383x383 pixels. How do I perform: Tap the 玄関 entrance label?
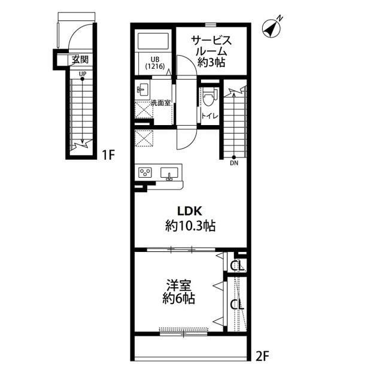(x=80, y=60)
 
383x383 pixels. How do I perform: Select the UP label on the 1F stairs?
(x=83, y=74)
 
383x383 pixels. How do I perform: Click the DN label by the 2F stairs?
(x=234, y=163)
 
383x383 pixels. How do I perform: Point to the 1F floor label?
(x=108, y=155)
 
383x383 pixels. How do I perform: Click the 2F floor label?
(x=263, y=356)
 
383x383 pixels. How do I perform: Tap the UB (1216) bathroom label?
(x=155, y=63)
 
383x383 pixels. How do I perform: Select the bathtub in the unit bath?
(x=153, y=41)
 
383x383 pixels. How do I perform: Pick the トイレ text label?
(x=209, y=116)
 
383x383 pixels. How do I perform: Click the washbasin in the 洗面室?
(x=143, y=90)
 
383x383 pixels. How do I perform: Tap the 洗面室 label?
(x=160, y=103)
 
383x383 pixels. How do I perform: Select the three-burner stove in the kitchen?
(x=145, y=172)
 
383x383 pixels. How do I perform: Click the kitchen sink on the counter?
(x=169, y=173)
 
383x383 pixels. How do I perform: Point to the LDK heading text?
(x=190, y=211)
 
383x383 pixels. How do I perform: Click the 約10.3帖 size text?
(x=190, y=226)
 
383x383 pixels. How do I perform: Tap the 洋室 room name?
(x=178, y=285)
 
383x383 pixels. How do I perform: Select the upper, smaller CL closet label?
(x=238, y=266)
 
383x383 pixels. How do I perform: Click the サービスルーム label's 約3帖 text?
(x=211, y=62)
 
